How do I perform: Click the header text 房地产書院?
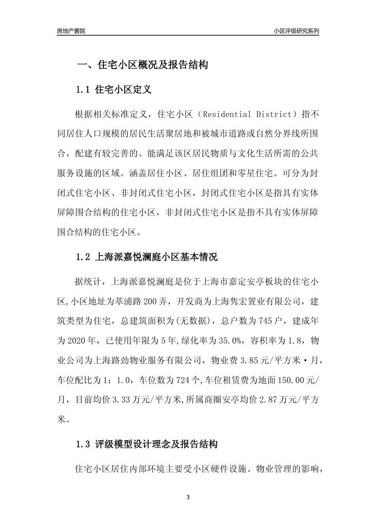[x=71, y=31]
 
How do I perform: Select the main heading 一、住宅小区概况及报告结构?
[x=142, y=65]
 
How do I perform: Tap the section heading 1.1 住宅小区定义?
[x=114, y=90]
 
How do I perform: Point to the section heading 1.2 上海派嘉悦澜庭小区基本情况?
[x=146, y=257]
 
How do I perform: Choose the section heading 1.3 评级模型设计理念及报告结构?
[x=146, y=444]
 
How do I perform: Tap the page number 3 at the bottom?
[x=188, y=497]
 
